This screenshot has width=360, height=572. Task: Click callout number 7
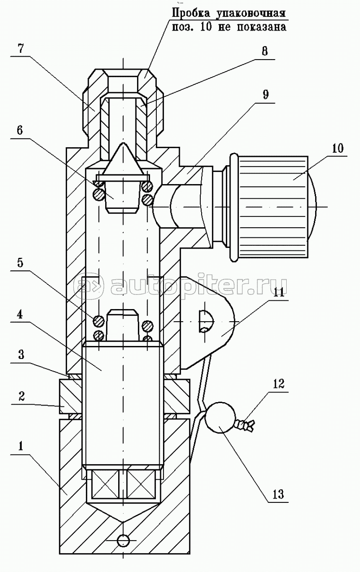point(21,49)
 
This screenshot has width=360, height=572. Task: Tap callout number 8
point(264,52)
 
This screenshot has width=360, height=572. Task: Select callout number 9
point(265,95)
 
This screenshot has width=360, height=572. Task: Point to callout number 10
point(338,148)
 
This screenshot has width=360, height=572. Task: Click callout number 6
point(20,130)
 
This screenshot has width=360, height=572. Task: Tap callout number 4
point(20,315)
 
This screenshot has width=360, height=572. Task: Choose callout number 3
point(21,355)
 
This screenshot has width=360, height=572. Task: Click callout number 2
point(21,397)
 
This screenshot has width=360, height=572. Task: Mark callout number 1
point(21,447)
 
